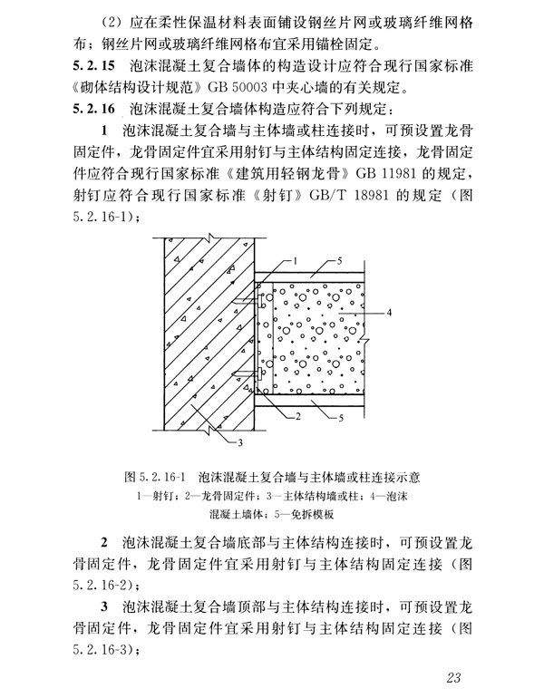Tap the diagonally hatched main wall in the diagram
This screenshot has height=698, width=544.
coord(204,335)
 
